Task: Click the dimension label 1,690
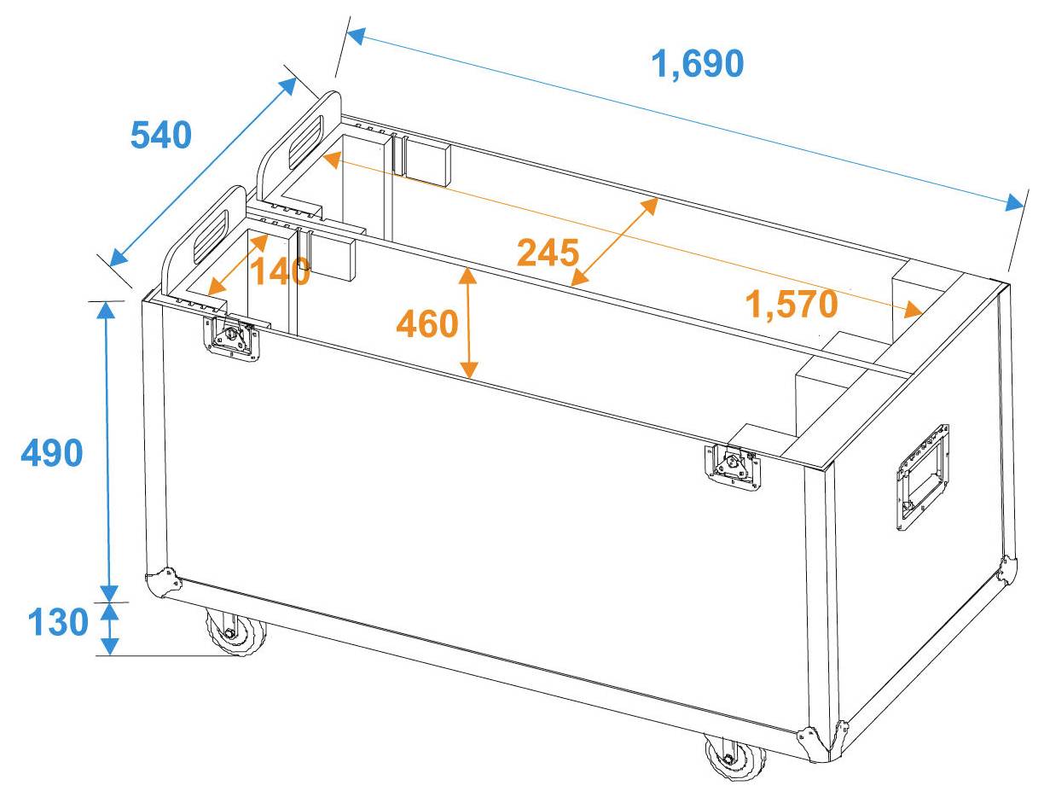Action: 698,64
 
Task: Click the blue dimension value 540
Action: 160,135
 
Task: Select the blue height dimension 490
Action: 52,453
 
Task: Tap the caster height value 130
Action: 58,623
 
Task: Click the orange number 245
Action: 548,253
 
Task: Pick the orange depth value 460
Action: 427,323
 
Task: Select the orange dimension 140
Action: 279,272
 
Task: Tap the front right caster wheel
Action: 734,757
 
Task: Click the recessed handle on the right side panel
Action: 922,478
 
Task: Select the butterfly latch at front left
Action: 230,339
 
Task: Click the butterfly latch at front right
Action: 733,467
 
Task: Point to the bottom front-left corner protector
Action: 163,585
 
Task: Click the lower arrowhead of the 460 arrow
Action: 467,369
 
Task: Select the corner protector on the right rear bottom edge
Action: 1008,570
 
